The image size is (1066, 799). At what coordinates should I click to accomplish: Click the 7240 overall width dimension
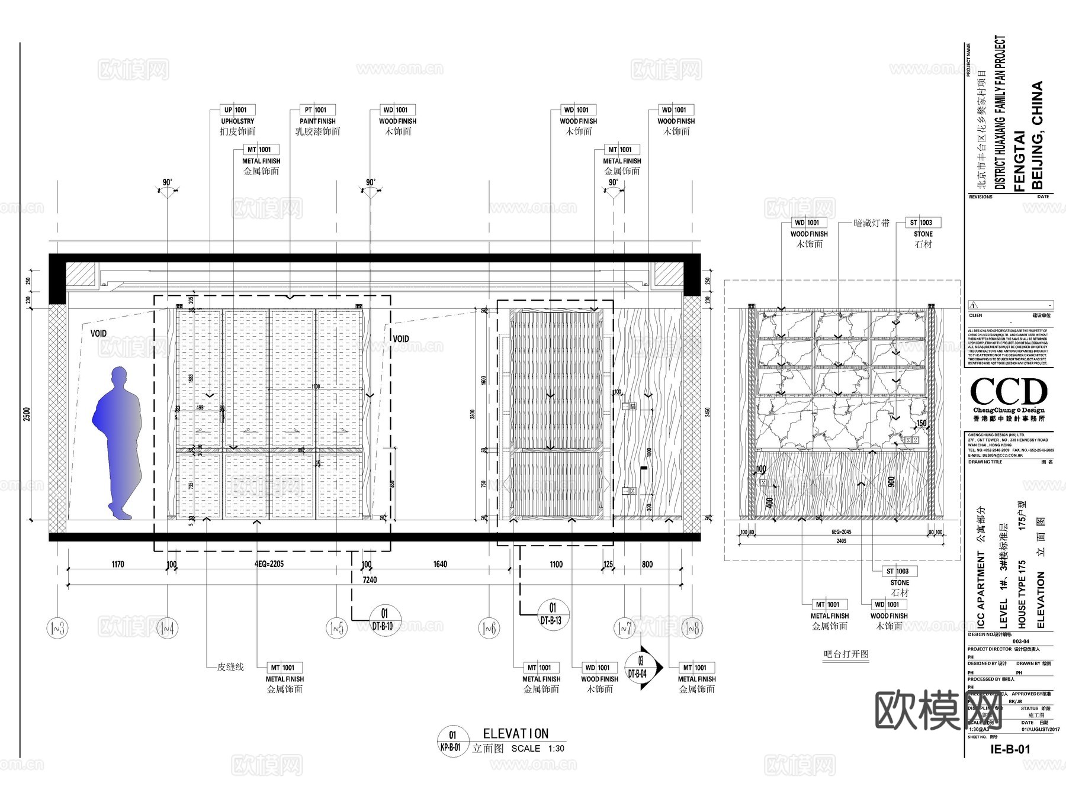tap(369, 580)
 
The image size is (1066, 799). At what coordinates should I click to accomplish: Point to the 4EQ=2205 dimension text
tap(265, 564)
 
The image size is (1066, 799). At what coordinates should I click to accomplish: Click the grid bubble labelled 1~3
tap(57, 628)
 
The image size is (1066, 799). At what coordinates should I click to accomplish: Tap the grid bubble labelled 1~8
tap(692, 628)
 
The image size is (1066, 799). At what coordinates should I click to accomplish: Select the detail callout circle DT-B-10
tap(384, 619)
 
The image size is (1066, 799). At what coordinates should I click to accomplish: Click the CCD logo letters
tap(1009, 392)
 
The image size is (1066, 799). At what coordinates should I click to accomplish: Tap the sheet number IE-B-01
tap(1010, 749)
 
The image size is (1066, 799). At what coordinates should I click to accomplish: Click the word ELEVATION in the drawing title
tap(516, 734)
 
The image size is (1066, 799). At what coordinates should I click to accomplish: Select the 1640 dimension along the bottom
tap(440, 564)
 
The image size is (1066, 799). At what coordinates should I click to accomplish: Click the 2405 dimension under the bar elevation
tap(841, 541)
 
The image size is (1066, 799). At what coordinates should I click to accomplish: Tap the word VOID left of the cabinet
tap(99, 334)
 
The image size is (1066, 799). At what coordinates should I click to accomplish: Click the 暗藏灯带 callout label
tap(871, 223)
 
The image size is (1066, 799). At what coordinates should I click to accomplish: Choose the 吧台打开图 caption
tap(846, 654)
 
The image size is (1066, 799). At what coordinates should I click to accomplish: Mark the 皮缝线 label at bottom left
tap(230, 667)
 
